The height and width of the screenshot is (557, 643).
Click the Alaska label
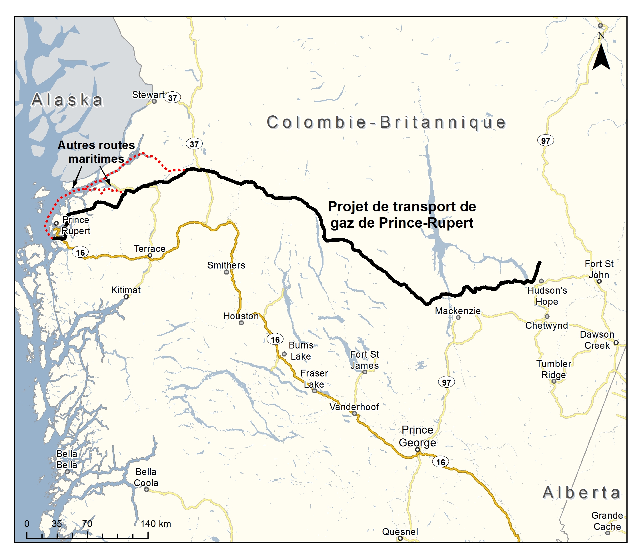67,100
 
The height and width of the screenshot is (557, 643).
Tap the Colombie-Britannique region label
386,122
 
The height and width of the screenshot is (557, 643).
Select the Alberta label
582,493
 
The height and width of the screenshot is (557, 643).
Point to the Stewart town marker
154,101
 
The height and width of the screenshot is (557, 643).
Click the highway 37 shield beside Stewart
173,98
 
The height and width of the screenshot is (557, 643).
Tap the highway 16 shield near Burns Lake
275,339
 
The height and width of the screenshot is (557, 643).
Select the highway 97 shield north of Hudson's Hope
545,141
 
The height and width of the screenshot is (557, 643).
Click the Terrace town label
149,249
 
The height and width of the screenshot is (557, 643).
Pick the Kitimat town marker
126,297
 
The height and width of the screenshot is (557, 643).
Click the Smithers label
226,265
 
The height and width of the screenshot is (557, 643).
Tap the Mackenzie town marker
458,317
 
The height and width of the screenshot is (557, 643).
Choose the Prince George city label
417,436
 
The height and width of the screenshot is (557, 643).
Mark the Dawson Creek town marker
616,342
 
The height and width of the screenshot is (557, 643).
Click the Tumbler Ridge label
554,369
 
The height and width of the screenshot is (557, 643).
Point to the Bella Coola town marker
146,490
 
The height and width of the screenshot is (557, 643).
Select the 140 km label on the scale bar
155,524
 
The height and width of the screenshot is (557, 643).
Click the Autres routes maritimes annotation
96,152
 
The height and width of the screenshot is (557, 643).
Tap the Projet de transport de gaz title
402,215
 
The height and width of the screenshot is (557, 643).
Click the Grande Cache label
607,521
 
